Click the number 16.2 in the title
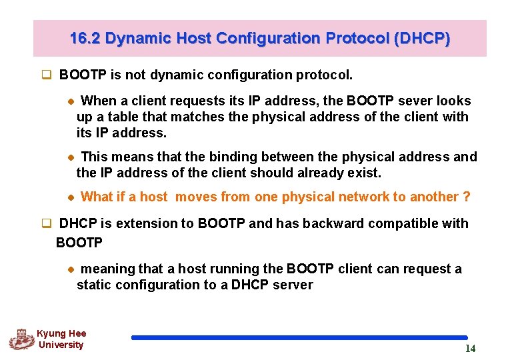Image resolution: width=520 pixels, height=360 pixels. (85, 39)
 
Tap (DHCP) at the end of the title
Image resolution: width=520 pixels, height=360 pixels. (422, 39)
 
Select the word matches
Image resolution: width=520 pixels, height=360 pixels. (194, 117)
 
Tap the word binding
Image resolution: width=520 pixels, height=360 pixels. (230, 157)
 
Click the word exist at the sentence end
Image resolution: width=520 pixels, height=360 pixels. (364, 173)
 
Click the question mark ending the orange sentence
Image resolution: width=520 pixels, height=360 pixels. (467, 197)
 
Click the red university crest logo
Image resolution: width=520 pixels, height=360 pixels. (21, 339)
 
